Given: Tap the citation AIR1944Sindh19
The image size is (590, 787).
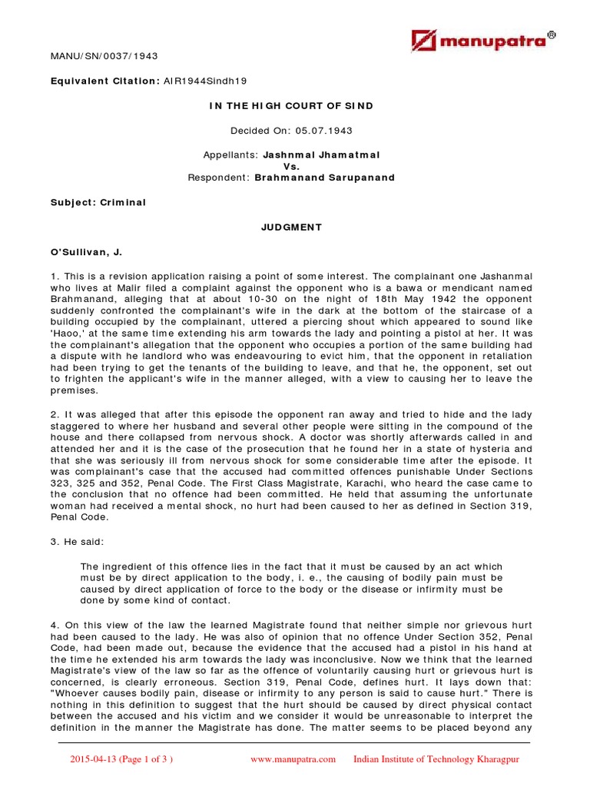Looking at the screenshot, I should coord(205,81).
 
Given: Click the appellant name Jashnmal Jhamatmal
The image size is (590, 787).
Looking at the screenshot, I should coord(321,154).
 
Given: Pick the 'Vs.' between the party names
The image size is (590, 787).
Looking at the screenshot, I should coord(291,166).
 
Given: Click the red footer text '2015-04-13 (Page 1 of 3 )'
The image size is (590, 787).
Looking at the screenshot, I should coord(121,759).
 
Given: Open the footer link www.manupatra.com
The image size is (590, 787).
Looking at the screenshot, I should coord(293,759).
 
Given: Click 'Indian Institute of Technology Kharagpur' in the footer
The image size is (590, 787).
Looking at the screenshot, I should coord(436,759).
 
